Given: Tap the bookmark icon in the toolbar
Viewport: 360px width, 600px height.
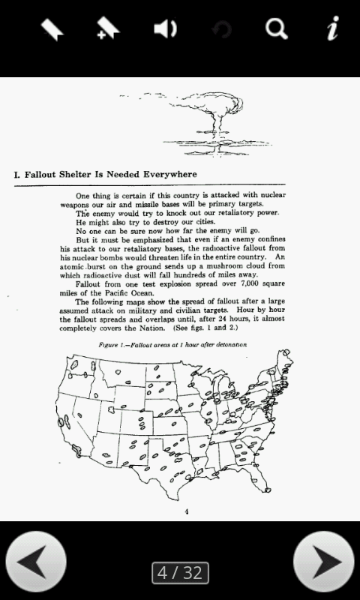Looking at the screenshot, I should click(52, 29).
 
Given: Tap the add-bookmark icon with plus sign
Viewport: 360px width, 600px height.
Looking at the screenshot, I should click(109, 29).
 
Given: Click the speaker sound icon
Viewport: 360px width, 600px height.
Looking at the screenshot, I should click(165, 29).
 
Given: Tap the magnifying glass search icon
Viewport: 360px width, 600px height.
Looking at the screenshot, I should click(277, 29).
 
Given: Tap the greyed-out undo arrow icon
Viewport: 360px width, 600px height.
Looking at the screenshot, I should click(222, 30).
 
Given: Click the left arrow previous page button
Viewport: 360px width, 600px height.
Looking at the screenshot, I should click(36, 562).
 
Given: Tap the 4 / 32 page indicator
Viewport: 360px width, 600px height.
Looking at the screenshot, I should click(180, 573).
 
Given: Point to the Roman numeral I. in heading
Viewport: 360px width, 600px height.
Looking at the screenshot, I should click(17, 175).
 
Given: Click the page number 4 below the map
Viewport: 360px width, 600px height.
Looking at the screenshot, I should click(187, 511).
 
